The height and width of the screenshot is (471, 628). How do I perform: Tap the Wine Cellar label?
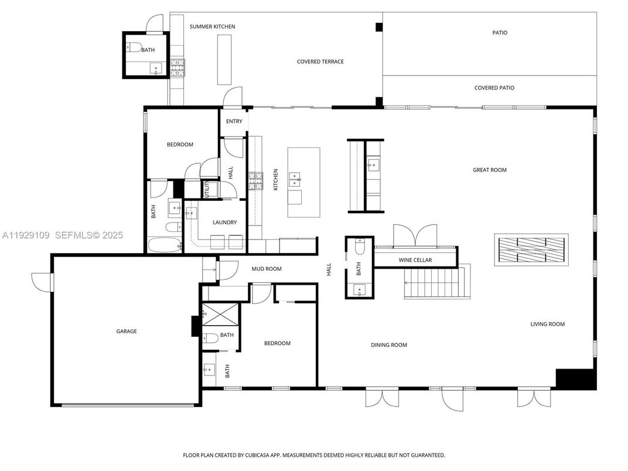tap(415, 260)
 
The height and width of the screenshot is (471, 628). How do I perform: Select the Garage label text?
tap(126, 332)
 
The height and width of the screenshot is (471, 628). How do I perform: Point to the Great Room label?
tap(489, 170)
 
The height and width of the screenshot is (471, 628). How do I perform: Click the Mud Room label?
tap(266, 269)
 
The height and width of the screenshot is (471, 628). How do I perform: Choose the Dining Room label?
tap(388, 345)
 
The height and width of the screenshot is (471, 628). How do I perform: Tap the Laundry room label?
tap(225, 223)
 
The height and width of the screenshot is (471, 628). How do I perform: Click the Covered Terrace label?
tap(320, 62)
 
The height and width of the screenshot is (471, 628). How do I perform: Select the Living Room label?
tap(547, 324)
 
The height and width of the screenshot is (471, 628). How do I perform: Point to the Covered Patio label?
tap(494, 88)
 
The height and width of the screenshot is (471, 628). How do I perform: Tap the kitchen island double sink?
tap(295, 179)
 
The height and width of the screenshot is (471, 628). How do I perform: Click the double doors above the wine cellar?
tap(415, 235)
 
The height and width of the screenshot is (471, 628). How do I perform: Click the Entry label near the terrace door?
tap(234, 121)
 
